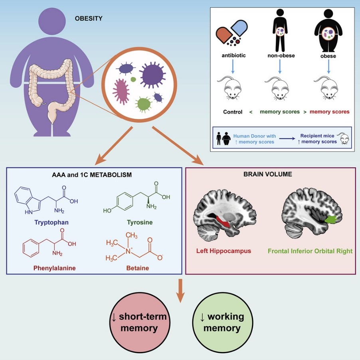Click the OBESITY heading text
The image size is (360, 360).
[x=89, y=18]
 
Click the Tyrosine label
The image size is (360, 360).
[x=140, y=222]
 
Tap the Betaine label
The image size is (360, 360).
[x=138, y=268]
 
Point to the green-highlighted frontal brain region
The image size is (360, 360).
[x=330, y=219]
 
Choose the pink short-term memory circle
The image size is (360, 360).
[x=139, y=322]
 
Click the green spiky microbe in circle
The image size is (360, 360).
[x=143, y=105]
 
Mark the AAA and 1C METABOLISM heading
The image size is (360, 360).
[x=94, y=174]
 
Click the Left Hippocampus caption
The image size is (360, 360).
[x=224, y=251]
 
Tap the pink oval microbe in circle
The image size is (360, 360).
[x=121, y=91]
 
